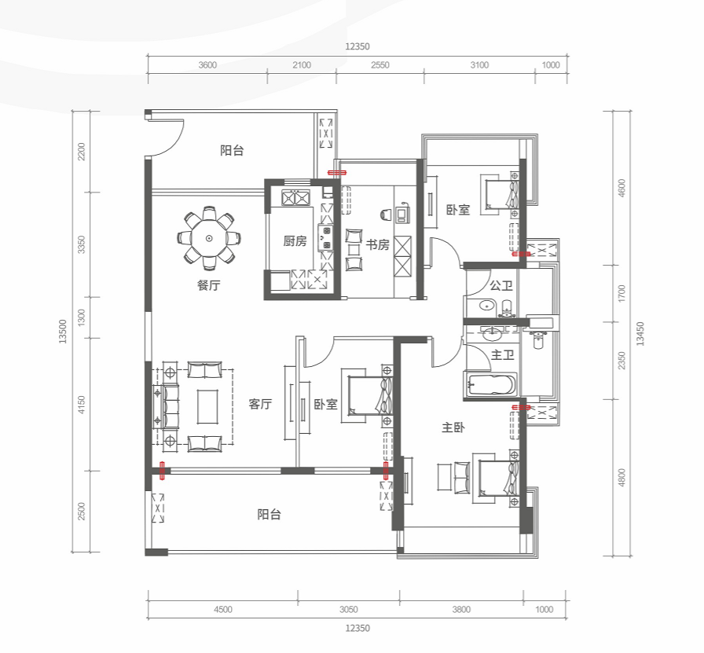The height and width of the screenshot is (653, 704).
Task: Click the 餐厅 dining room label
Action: click(x=209, y=285)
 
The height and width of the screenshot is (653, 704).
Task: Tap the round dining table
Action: click(x=209, y=238)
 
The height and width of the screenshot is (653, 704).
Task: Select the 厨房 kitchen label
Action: click(x=295, y=241)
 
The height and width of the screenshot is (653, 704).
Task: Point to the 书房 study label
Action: click(x=378, y=244)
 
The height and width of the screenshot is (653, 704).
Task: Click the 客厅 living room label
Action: click(x=260, y=404)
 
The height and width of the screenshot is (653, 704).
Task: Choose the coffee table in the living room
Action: click(x=207, y=406)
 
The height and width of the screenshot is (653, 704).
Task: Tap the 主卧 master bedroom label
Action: click(x=453, y=427)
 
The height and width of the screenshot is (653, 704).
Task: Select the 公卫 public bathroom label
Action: click(x=501, y=285)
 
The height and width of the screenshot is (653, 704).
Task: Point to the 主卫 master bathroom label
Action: click(x=502, y=355)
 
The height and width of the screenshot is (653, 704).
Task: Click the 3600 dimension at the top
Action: click(x=207, y=65)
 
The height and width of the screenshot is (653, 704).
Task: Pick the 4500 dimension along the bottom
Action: click(x=222, y=610)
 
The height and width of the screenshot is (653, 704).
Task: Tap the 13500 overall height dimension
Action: click(x=62, y=332)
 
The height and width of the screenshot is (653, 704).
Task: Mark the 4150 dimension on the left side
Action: click(x=81, y=405)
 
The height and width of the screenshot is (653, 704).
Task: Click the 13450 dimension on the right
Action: click(x=640, y=334)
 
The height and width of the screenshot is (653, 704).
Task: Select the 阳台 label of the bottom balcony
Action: click(x=269, y=514)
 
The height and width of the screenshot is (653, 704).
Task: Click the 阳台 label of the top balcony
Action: click(x=232, y=150)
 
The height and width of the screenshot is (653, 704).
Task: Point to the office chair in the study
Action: click(x=386, y=215)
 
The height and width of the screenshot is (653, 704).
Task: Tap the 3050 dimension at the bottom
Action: click(x=348, y=610)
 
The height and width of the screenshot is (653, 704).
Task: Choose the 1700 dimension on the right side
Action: click(x=621, y=293)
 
